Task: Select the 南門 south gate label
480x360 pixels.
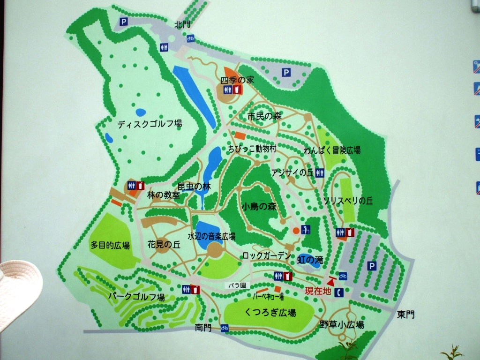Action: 204,328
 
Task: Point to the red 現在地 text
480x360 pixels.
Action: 318,292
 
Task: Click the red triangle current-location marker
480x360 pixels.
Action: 331,281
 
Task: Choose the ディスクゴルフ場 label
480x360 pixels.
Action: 150,124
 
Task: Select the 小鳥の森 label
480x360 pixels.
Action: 260,206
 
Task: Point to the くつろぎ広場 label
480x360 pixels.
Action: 270,313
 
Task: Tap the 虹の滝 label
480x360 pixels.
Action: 310,259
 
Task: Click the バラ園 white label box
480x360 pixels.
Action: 237,285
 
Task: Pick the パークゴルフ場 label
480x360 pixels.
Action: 136,297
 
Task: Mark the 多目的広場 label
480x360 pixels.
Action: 110,245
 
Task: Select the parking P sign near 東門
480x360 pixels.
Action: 372,266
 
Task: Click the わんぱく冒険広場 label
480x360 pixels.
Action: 332,150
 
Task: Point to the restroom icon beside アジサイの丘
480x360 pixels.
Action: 320,172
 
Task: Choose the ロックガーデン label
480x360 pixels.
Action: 267,255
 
